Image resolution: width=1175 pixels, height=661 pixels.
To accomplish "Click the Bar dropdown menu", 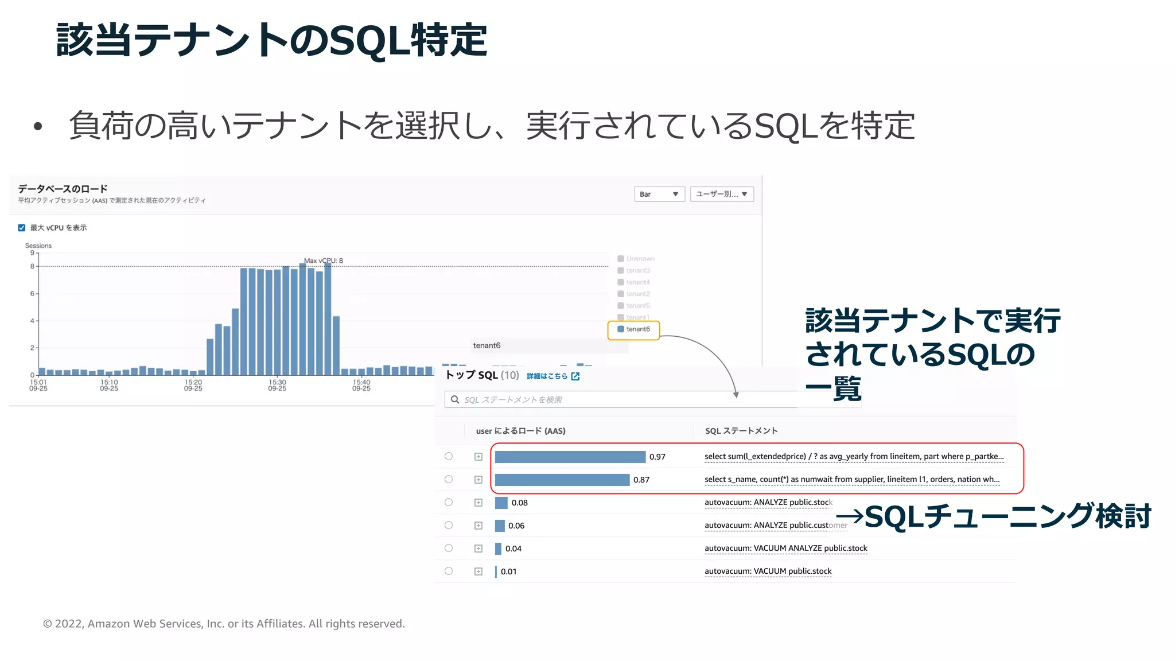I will pos(659,194).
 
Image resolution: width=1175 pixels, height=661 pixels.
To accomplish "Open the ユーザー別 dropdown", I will pos(721,194).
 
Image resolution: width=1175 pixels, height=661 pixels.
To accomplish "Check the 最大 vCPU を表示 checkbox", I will pos(22,228).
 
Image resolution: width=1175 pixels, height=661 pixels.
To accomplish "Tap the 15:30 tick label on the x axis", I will pos(277,384).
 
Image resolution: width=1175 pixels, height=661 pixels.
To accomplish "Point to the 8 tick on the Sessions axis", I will pos(32,266).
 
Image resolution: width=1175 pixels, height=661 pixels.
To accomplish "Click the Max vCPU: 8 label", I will pos(324,260).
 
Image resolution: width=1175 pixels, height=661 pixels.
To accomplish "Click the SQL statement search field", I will pos(620,399).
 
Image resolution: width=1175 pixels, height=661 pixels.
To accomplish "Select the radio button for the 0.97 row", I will pos(449,457).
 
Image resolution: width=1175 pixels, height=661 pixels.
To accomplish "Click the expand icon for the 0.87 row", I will pos(478,480).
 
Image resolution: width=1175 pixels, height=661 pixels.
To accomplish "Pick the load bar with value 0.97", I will pos(570,457).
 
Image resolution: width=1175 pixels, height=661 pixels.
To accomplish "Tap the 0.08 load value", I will pos(519,503).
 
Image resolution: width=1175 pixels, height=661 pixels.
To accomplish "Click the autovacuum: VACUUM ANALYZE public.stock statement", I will pos(785,549).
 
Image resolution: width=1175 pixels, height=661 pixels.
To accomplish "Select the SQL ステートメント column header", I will pos(741,431).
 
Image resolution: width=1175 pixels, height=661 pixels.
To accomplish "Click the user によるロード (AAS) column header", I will pos(520,431).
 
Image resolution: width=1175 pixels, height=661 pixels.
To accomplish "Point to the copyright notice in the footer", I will pos(224,624).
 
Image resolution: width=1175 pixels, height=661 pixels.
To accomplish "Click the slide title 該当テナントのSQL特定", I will pos(272,40).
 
